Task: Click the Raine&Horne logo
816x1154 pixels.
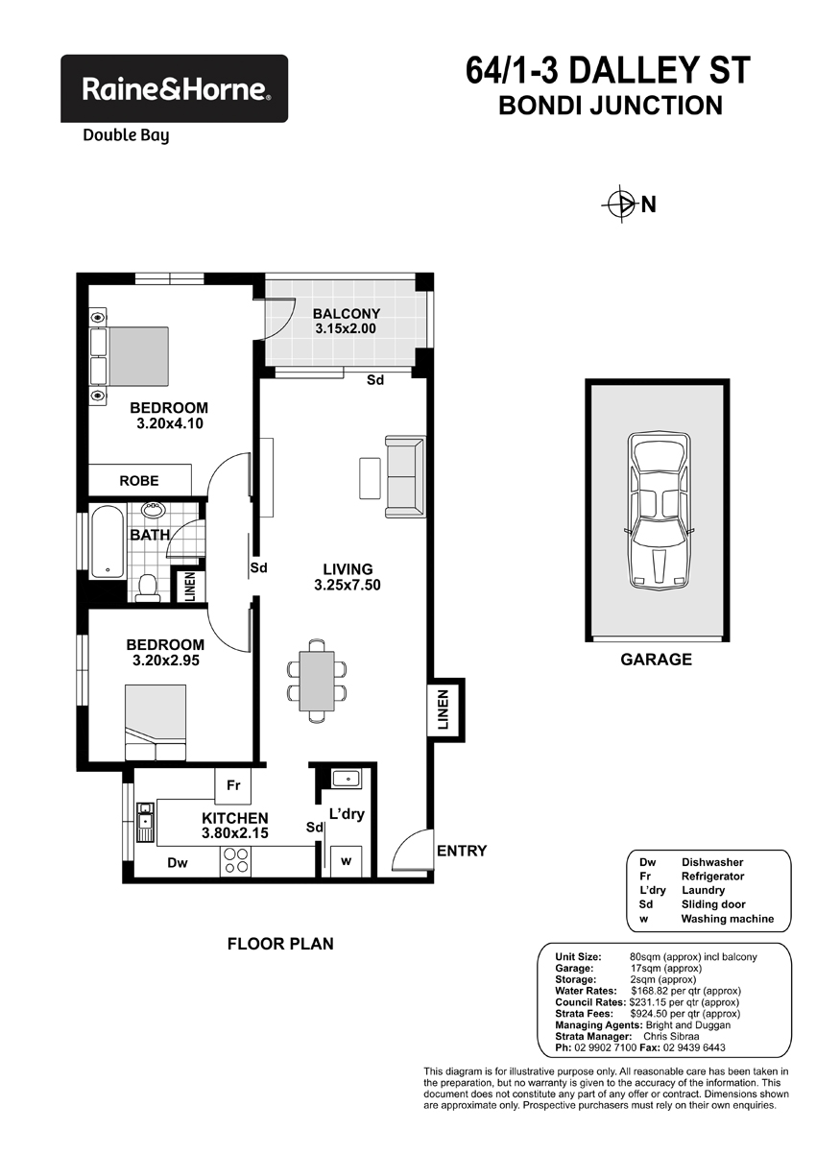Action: (174, 88)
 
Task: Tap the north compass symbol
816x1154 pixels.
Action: (621, 204)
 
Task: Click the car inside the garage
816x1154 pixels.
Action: (659, 511)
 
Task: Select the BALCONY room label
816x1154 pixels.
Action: (347, 313)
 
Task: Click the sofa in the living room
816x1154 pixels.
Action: (405, 476)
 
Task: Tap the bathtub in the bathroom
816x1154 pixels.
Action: (108, 541)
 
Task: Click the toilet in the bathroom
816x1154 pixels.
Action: (148, 589)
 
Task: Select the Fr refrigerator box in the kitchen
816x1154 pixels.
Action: (233, 785)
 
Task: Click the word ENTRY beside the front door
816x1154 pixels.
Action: (462, 851)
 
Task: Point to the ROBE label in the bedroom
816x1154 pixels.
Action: (139, 481)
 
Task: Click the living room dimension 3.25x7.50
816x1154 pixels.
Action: (348, 585)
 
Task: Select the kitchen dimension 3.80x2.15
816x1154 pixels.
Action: (235, 833)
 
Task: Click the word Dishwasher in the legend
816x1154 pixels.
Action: (712, 862)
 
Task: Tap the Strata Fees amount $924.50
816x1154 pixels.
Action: (648, 1014)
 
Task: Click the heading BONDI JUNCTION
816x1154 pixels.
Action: (611, 105)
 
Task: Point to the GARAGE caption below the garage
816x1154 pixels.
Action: (657, 660)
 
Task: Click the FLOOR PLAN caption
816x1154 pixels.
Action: (280, 944)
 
